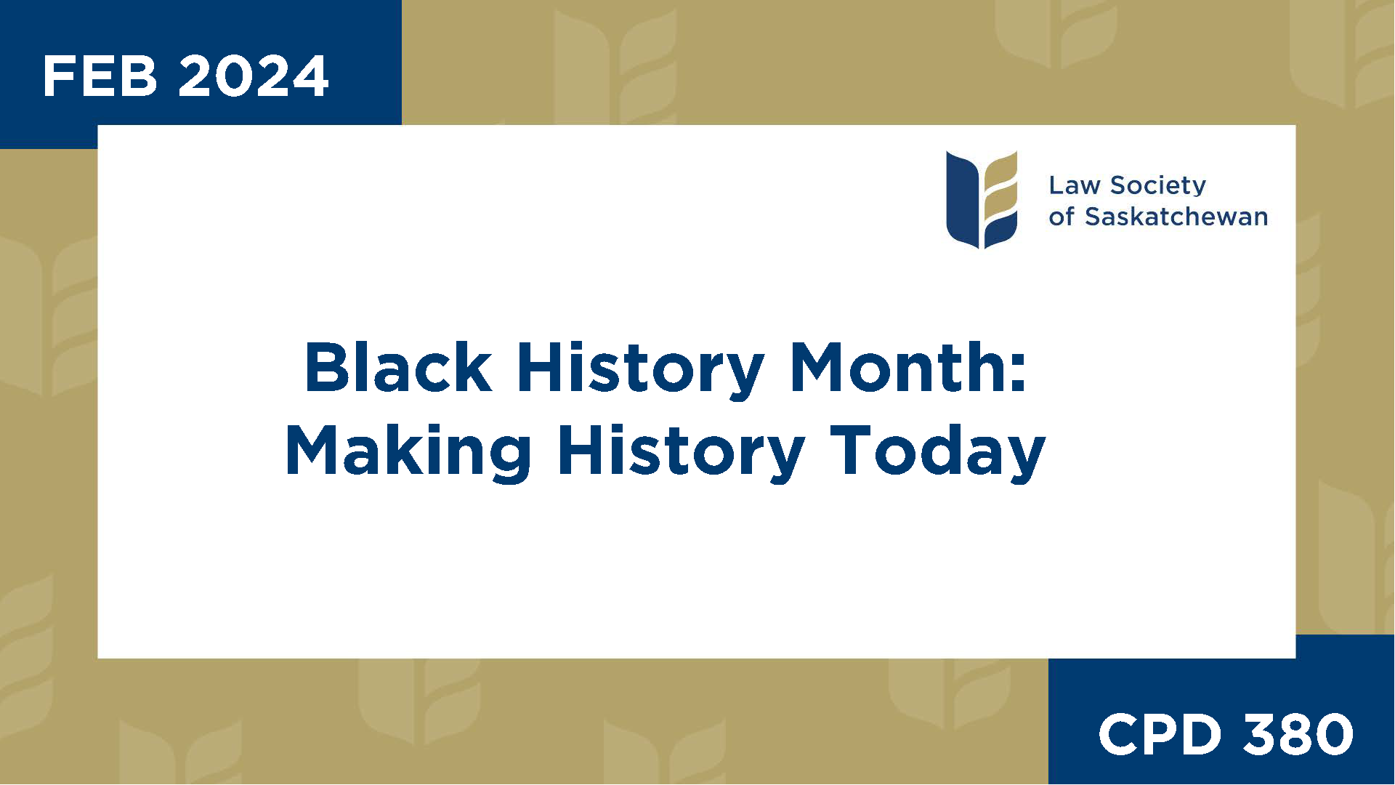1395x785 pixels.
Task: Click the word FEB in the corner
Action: (100, 76)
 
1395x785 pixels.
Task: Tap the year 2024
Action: (254, 76)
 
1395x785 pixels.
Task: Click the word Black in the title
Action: (398, 367)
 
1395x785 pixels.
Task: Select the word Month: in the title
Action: (908, 367)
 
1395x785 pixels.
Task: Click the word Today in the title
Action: (937, 452)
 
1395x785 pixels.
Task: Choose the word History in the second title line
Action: (681, 452)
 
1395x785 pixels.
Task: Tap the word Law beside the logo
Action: (1074, 185)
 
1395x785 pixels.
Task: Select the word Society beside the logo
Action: (1158, 186)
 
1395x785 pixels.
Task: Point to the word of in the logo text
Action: (1061, 217)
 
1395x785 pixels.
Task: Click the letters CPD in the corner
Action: (1160, 734)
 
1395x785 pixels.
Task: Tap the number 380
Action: (1298, 734)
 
